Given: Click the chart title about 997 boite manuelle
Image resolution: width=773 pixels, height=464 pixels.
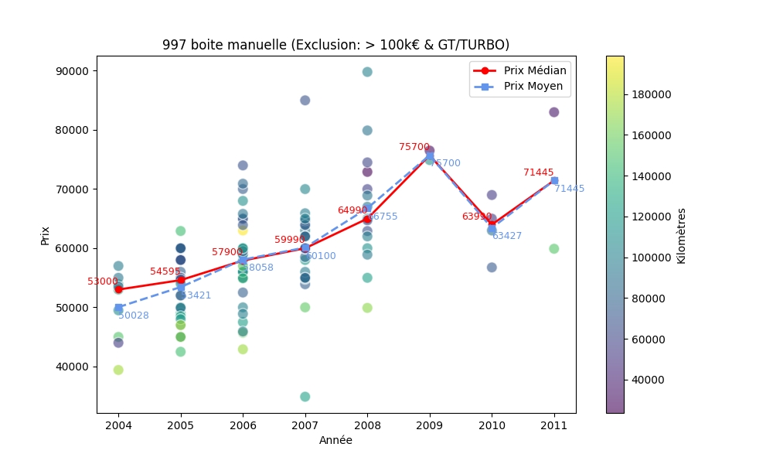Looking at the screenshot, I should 335,45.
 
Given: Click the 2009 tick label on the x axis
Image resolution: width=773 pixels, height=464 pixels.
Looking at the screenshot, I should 429,425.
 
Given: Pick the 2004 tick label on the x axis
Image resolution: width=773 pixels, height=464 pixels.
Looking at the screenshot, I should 118,425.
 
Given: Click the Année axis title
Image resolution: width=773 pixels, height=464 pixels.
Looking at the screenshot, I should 335,440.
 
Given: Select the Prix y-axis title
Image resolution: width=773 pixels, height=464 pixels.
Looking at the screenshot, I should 46,234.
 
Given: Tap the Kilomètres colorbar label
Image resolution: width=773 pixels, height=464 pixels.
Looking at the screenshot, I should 681,235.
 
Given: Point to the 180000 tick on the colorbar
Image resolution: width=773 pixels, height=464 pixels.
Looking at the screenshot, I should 649,94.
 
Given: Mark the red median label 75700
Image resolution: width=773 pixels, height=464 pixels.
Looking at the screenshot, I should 414,147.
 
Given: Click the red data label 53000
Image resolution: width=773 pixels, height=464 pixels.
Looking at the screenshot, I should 102,281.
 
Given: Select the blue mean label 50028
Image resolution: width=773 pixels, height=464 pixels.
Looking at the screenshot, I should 134,316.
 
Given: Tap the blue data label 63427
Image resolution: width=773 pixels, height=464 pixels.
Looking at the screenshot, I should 507,236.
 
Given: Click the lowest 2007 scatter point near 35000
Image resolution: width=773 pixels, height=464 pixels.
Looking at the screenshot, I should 305,397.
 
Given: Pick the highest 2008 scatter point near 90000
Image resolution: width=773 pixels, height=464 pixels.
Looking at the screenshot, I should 367,72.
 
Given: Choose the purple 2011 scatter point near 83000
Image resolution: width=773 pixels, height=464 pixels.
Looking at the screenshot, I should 553,112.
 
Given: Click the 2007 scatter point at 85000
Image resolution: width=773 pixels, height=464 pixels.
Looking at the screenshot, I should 305,101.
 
